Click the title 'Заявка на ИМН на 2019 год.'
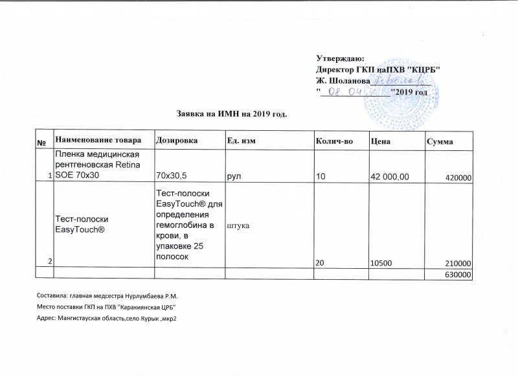point(231,115)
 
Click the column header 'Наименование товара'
point(97,141)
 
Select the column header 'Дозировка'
point(174,141)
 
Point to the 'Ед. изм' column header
point(241,141)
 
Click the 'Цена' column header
point(380,141)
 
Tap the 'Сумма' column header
point(440,142)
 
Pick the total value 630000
point(456,275)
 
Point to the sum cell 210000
point(456,264)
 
